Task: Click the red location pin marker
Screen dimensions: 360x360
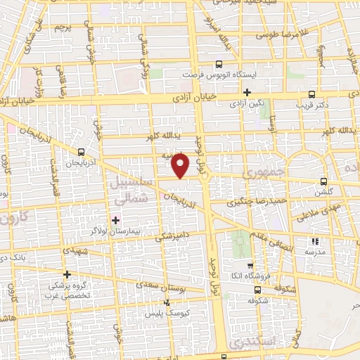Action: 181,165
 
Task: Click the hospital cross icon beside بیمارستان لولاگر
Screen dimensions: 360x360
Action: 116,220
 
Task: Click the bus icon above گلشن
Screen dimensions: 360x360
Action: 323,179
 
